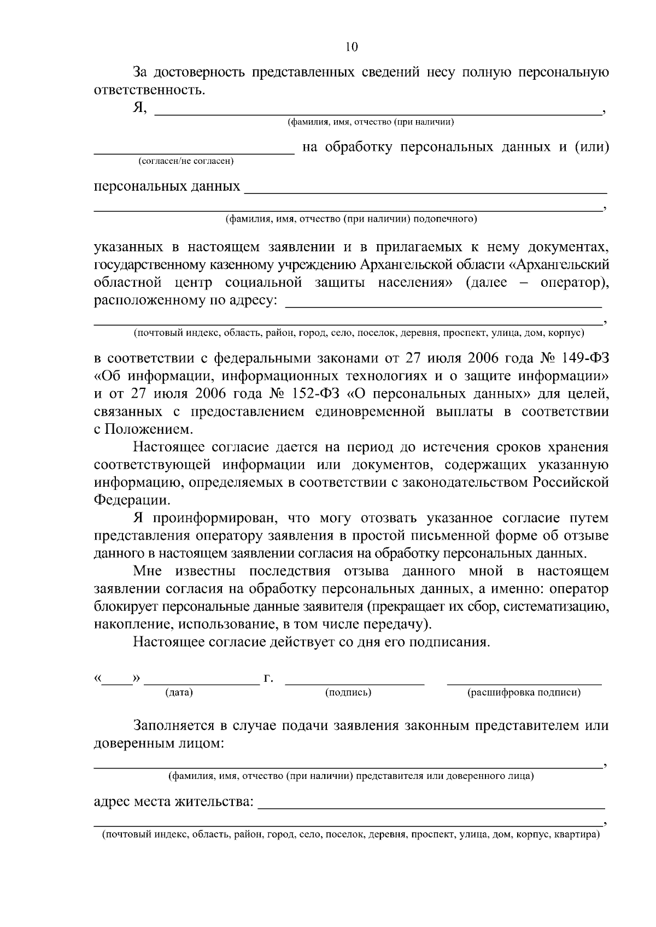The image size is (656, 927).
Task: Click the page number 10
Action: [351, 47]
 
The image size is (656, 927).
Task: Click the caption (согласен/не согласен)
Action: [186, 161]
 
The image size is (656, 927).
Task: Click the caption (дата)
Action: [179, 693]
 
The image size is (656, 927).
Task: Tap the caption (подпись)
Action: [348, 693]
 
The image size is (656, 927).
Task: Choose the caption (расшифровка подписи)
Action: [524, 693]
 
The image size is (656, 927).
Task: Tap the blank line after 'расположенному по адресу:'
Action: [443, 306]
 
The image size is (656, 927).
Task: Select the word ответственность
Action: [149, 90]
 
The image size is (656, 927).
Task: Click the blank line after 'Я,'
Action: [377, 114]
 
